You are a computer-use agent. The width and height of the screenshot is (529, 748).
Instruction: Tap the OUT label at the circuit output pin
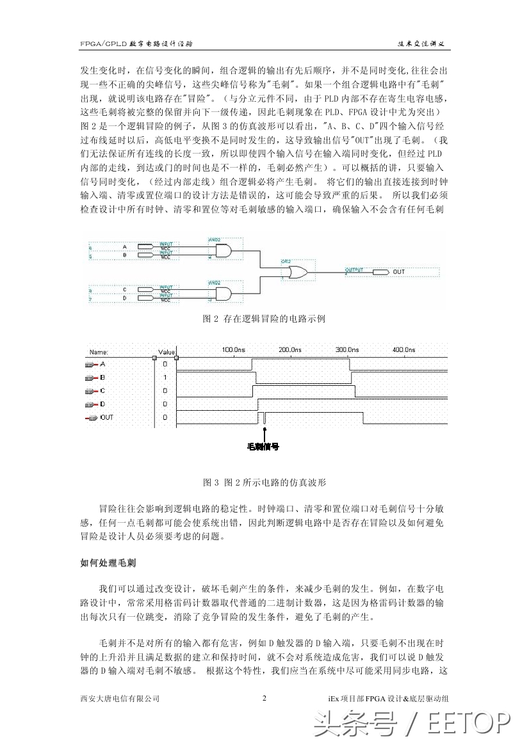(x=399, y=272)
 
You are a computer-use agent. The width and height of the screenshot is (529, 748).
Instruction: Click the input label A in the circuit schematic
(x=124, y=247)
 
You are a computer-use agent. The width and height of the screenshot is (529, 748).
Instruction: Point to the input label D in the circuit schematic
(x=124, y=298)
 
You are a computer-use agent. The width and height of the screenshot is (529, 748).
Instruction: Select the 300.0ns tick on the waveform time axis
(x=346, y=350)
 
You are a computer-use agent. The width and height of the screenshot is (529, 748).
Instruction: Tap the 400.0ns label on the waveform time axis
(x=403, y=350)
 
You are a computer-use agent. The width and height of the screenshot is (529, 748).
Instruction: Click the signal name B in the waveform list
(x=103, y=378)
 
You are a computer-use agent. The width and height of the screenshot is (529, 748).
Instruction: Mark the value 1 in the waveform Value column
(x=165, y=378)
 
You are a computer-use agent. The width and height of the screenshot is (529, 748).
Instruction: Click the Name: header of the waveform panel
(x=98, y=351)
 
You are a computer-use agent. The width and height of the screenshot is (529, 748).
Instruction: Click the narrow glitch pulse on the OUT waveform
(x=263, y=418)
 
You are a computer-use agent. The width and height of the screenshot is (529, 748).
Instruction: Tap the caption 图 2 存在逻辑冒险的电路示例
(x=264, y=319)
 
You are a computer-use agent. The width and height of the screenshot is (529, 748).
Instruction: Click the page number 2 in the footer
(x=264, y=698)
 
